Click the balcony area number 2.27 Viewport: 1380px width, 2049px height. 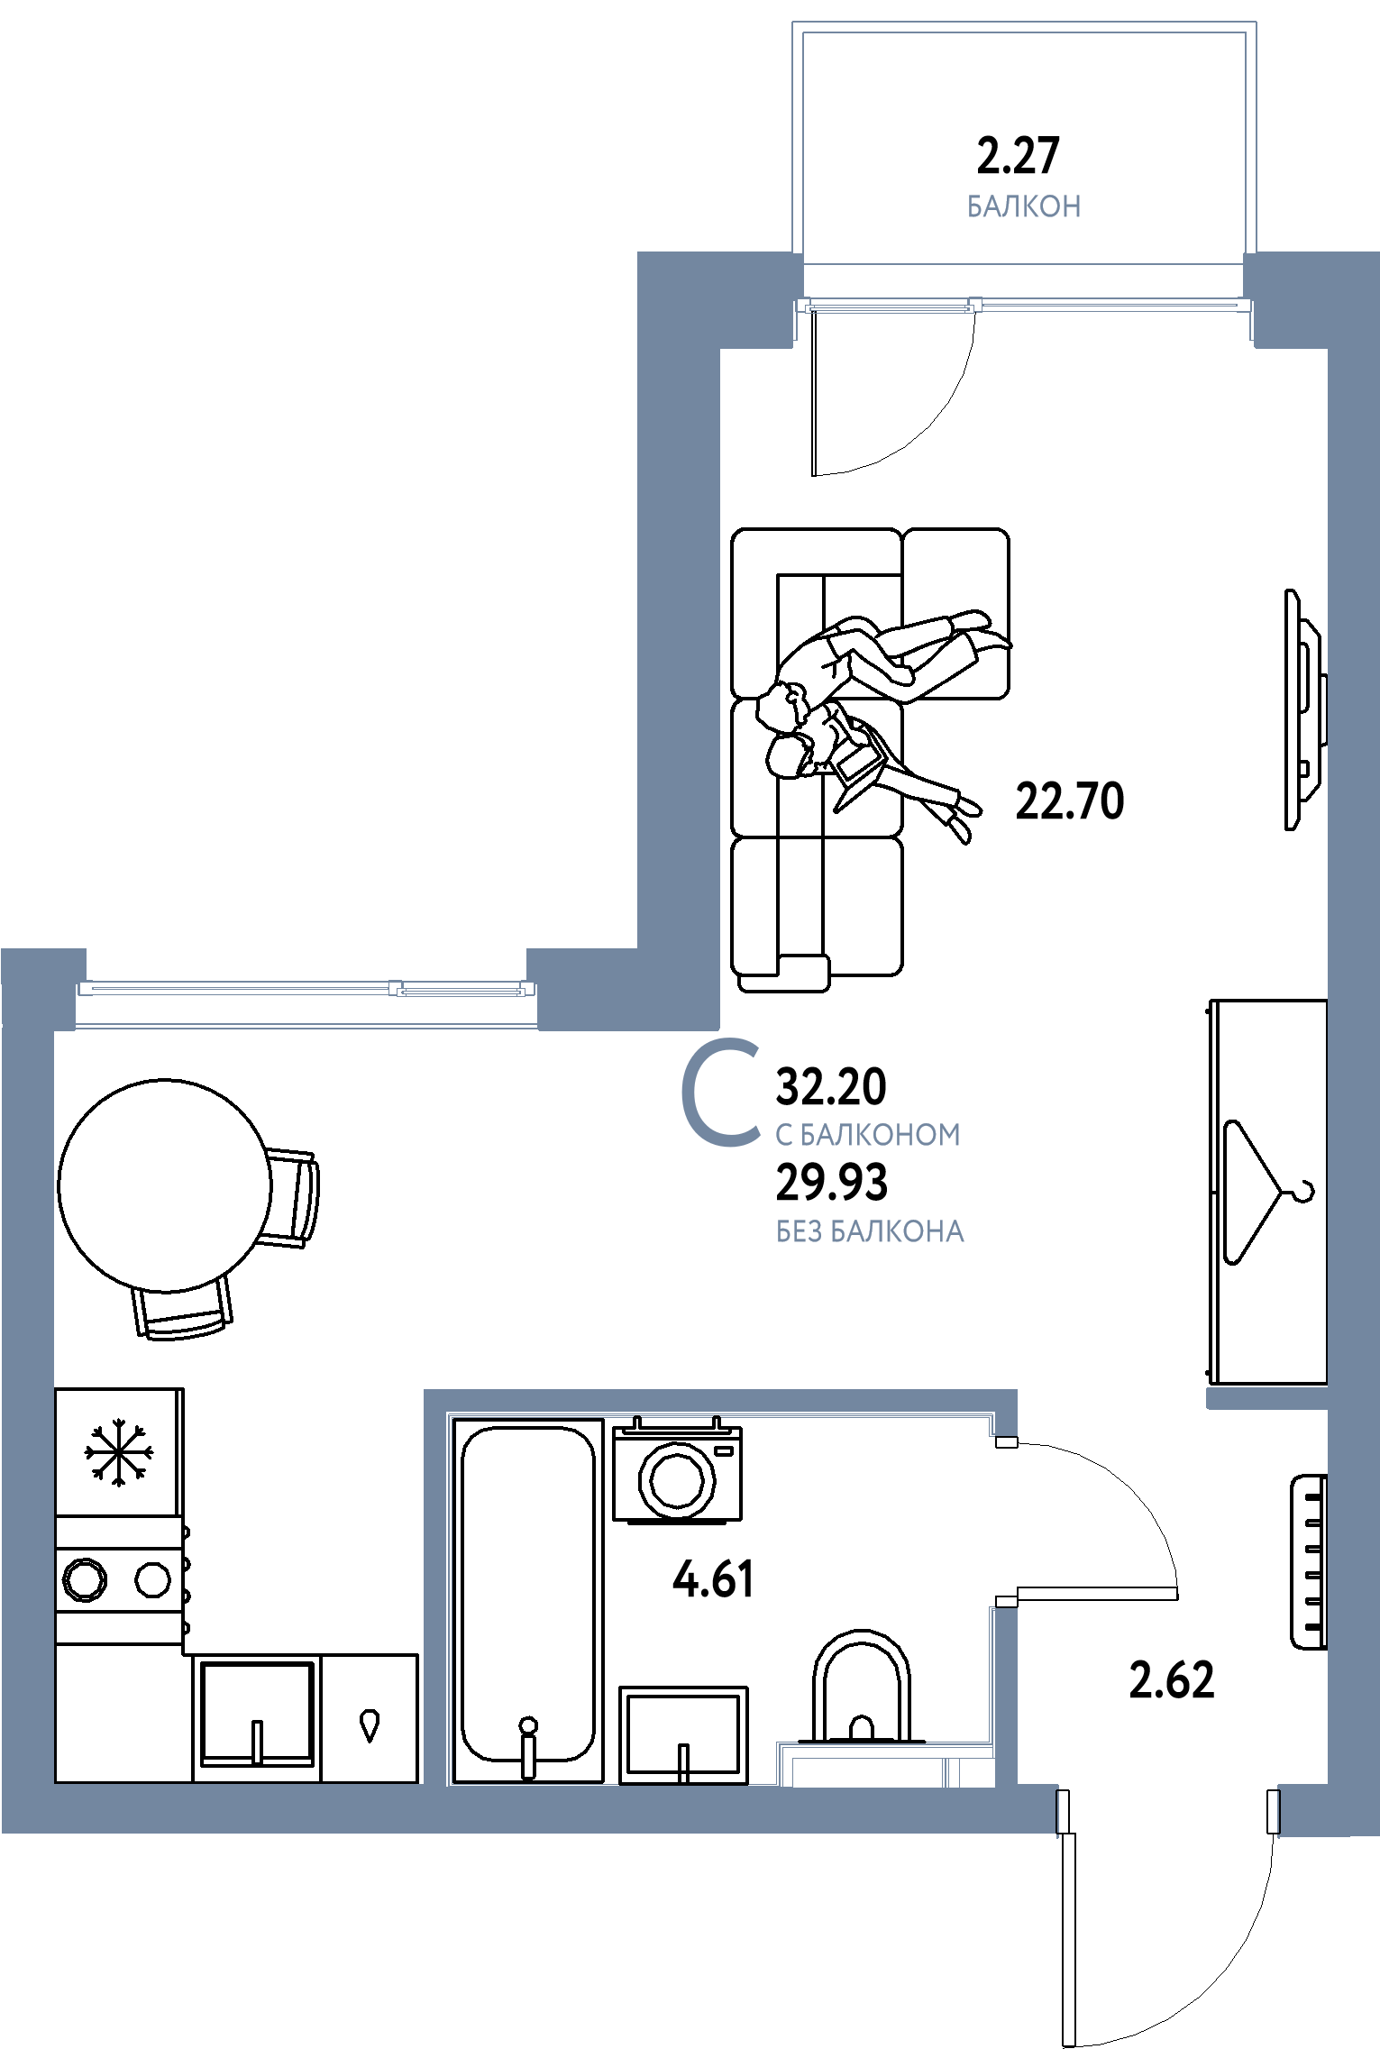[x=1018, y=155]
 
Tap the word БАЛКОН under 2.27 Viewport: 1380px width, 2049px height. [x=1024, y=206]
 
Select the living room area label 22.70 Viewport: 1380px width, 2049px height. [x=1070, y=800]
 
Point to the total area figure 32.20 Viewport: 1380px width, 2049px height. [x=831, y=1086]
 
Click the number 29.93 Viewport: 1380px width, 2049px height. [x=832, y=1182]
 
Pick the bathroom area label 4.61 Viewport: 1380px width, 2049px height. [x=713, y=1579]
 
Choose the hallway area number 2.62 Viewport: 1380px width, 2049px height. [x=1172, y=1680]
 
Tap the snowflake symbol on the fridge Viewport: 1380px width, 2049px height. [x=119, y=1452]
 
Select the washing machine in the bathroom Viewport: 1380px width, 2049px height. [x=677, y=1470]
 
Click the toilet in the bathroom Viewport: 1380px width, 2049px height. [x=862, y=1689]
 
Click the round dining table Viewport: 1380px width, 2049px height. [x=165, y=1185]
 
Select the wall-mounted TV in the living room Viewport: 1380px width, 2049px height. [x=1305, y=709]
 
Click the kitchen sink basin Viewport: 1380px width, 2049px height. [x=258, y=1714]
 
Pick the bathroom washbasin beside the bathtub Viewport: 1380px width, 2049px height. [x=684, y=1734]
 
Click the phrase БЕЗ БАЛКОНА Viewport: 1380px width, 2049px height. [x=870, y=1231]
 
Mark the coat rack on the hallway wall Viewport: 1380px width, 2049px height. [x=1309, y=1562]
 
